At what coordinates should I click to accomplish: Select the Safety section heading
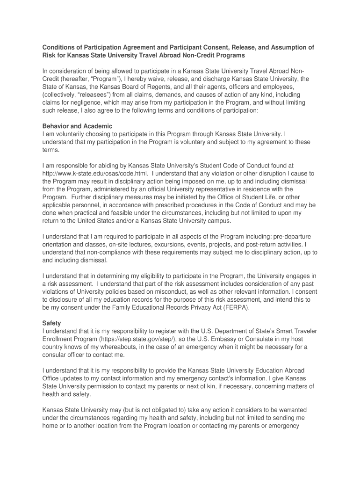pyautogui.click(x=51, y=323)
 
